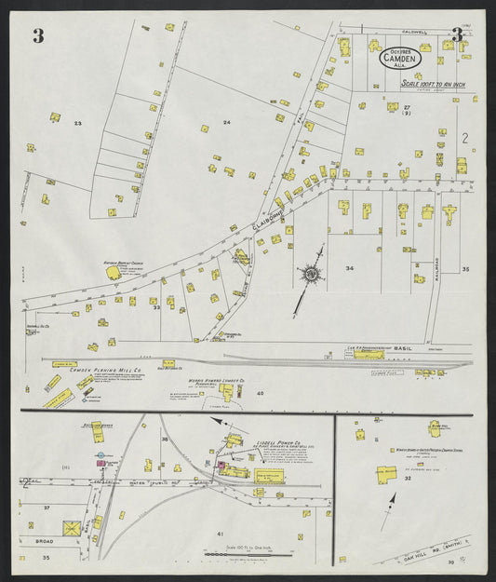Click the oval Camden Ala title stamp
coord(401,58)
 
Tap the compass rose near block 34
coord(308,275)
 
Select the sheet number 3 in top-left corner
coord(38,36)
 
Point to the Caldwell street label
coord(413,32)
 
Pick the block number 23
coord(78,124)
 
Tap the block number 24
coord(226,122)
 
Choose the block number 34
coord(349,268)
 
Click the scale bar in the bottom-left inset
coord(237,553)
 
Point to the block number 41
coord(221,533)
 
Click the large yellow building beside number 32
coord(385,474)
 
